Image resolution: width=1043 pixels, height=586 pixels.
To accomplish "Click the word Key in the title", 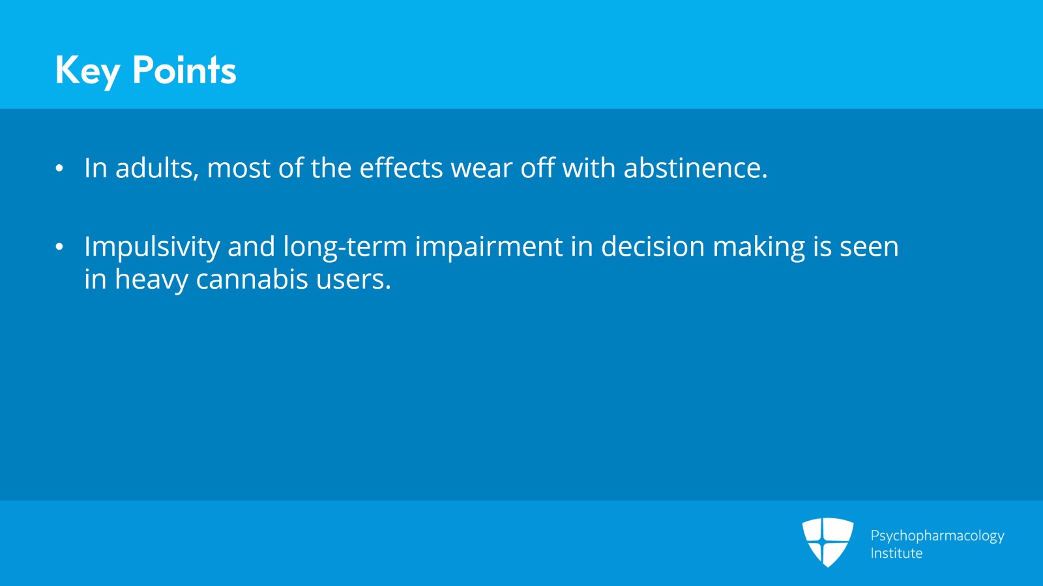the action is (x=88, y=71).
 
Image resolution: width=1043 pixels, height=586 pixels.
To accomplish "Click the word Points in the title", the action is (x=184, y=70).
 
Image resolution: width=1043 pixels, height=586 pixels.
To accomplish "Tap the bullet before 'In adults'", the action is (x=59, y=168).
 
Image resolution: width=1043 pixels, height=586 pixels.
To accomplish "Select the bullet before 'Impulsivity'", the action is (x=59, y=246).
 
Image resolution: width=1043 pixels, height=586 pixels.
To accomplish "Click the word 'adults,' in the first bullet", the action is (x=157, y=168).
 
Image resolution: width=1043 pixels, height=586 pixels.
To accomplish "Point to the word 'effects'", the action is (x=401, y=168).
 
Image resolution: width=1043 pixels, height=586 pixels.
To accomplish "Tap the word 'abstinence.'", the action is (x=695, y=168).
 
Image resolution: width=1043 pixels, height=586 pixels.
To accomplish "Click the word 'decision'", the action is (x=653, y=246).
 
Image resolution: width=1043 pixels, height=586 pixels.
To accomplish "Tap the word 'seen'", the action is (x=870, y=248).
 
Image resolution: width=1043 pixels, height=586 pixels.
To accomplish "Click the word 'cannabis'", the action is (x=252, y=279).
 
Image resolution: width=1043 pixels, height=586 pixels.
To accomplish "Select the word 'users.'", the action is (x=353, y=281).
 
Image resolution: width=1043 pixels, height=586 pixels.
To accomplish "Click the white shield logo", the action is (x=827, y=542).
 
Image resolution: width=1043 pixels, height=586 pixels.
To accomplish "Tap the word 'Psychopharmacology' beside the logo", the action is (x=937, y=536).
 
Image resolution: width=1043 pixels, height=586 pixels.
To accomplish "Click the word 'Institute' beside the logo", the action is (x=896, y=553).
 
